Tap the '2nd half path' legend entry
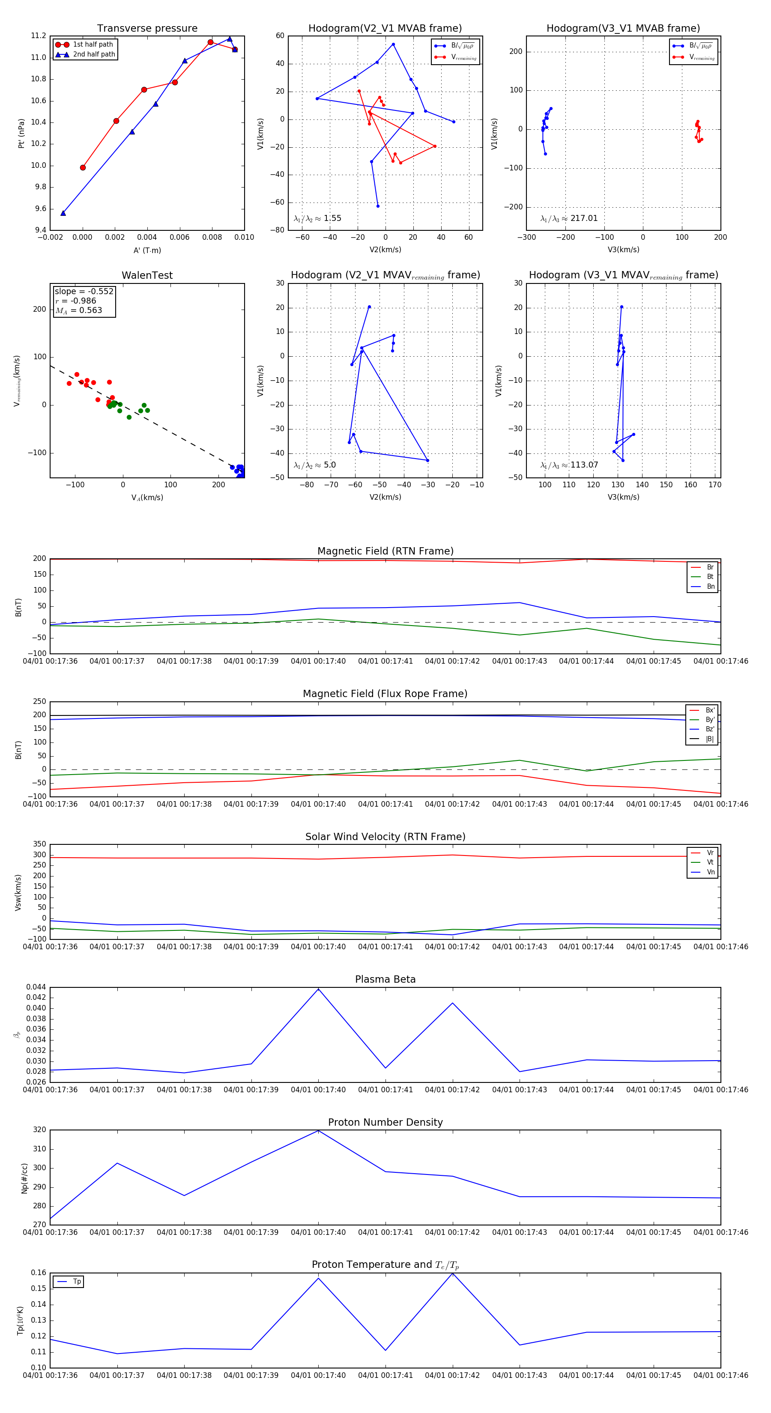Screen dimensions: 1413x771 [94, 54]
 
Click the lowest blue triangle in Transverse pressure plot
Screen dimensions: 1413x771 [63, 213]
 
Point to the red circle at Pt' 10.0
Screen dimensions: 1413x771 [83, 167]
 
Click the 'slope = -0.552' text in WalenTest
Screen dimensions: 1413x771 [84, 291]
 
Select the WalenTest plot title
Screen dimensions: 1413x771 [147, 275]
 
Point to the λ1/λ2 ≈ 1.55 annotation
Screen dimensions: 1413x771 [317, 218]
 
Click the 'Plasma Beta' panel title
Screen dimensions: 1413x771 [385, 979]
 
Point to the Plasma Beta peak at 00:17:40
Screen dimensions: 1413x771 [318, 989]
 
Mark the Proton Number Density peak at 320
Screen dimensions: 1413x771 [318, 1130]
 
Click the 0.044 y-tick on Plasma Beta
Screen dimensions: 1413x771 [37, 987]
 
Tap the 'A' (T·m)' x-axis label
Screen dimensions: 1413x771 [147, 250]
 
